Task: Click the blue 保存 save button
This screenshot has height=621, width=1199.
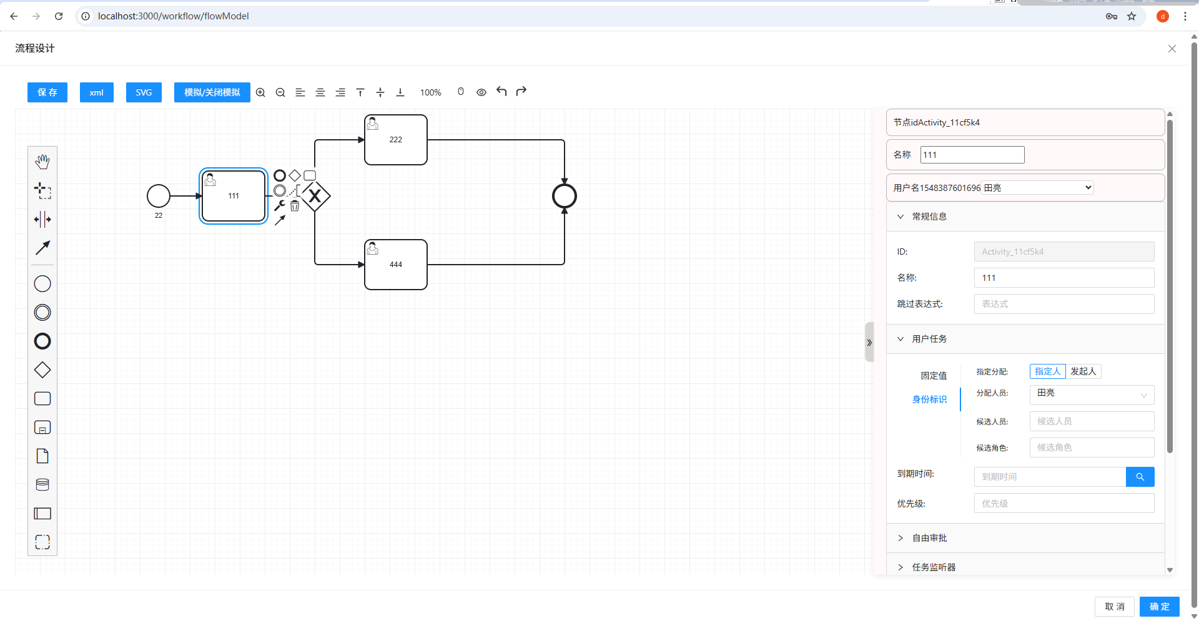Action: (47, 92)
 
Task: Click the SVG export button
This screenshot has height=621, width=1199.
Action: (144, 92)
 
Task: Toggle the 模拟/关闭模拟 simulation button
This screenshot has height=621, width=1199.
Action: (212, 92)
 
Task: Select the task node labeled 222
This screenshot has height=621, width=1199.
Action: (396, 140)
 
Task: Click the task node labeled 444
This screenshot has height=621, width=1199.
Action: (396, 265)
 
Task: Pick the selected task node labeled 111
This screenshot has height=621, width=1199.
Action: (234, 196)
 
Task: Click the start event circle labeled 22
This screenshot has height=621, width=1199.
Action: (159, 196)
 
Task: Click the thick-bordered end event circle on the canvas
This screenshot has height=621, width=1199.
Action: (565, 196)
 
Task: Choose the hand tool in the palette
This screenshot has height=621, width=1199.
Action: (42, 162)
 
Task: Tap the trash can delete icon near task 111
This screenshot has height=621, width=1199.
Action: (295, 206)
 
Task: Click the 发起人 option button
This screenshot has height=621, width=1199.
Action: (1083, 371)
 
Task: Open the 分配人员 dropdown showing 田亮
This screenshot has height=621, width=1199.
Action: (1092, 394)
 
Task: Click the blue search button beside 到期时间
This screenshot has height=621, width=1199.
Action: (1140, 477)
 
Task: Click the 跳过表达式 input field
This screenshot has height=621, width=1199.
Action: (1063, 304)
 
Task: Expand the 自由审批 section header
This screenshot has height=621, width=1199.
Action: (929, 538)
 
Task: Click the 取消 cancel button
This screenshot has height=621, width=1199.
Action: (1114, 607)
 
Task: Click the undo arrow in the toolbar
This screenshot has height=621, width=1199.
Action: (501, 92)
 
